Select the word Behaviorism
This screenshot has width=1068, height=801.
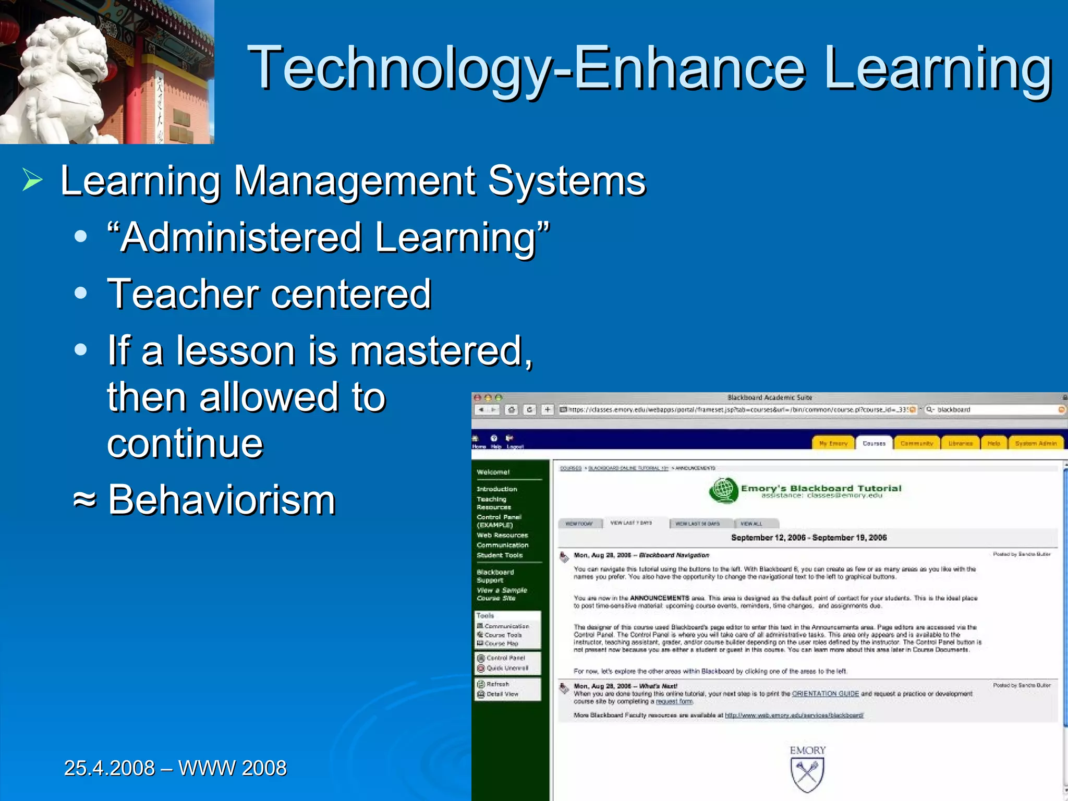[222, 500]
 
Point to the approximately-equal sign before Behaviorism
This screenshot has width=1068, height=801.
[84, 500]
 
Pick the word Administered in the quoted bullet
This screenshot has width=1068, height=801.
[241, 237]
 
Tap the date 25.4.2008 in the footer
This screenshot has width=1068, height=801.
[110, 768]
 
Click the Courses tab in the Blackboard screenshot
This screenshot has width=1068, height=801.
[874, 443]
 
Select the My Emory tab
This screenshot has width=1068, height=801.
[833, 443]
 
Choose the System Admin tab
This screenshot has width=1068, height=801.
[1036, 443]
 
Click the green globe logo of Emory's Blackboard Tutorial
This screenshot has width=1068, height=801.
[724, 490]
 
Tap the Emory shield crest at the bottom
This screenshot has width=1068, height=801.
[807, 774]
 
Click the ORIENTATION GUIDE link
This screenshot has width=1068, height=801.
[825, 694]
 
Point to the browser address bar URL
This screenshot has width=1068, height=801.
[735, 410]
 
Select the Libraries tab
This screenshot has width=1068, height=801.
[960, 443]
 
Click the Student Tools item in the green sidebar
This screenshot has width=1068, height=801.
[500, 555]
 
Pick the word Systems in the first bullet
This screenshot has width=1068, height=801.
[567, 181]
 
